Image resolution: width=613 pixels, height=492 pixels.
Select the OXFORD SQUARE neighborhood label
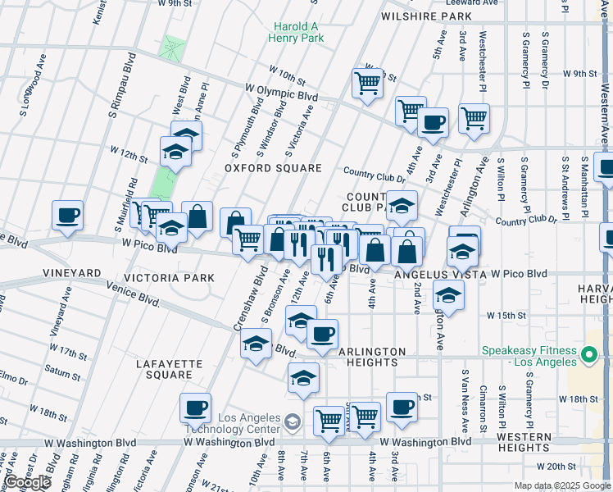pyautogui.click(x=273, y=168)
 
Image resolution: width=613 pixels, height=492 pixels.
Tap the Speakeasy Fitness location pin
pyautogui.click(x=588, y=355)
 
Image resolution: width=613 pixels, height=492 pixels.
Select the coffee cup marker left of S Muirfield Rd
pyautogui.click(x=67, y=216)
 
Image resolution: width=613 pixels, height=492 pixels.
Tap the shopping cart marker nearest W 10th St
pyautogui.click(x=368, y=83)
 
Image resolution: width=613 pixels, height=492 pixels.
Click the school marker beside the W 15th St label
pyautogui.click(x=448, y=295)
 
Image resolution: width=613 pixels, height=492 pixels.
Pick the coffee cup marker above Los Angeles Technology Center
pyautogui.click(x=196, y=408)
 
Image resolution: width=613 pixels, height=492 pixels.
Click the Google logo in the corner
pyautogui.click(x=27, y=481)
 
